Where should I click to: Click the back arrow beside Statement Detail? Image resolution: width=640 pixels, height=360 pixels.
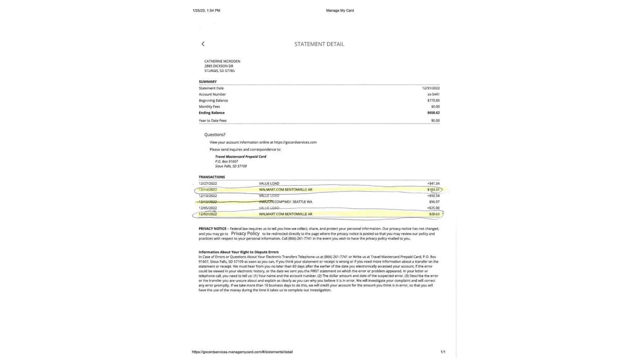[203, 44]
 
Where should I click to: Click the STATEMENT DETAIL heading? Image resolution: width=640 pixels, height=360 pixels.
[319, 44]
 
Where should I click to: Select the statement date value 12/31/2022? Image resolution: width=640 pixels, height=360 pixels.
[431, 88]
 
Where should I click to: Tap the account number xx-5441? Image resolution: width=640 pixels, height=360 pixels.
[433, 94]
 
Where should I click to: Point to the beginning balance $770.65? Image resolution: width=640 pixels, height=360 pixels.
[433, 100]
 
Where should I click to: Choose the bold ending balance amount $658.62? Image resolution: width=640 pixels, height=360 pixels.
[433, 113]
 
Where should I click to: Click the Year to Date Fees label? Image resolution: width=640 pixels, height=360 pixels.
[213, 121]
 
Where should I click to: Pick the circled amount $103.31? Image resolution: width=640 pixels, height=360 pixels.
[433, 190]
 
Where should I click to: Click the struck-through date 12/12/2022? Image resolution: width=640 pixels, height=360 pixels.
[208, 202]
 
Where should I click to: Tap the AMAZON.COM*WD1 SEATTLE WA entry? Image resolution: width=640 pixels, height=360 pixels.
[285, 202]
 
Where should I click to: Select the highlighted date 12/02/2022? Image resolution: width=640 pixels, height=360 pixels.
[208, 214]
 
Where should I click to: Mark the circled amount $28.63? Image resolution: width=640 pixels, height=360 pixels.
[434, 214]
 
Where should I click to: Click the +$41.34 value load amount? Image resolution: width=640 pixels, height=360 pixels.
[433, 184]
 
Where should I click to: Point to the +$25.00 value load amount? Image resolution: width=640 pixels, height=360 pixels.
[433, 208]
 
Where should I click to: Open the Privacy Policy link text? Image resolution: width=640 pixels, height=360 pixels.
[245, 234]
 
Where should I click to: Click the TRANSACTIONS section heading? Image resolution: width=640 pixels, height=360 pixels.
[212, 177]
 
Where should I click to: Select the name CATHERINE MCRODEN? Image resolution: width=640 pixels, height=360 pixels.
[222, 61]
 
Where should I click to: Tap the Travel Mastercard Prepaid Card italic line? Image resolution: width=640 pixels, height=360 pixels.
[240, 157]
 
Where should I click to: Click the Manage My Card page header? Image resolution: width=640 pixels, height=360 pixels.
[340, 10]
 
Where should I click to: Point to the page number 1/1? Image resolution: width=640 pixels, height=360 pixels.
[443, 352]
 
